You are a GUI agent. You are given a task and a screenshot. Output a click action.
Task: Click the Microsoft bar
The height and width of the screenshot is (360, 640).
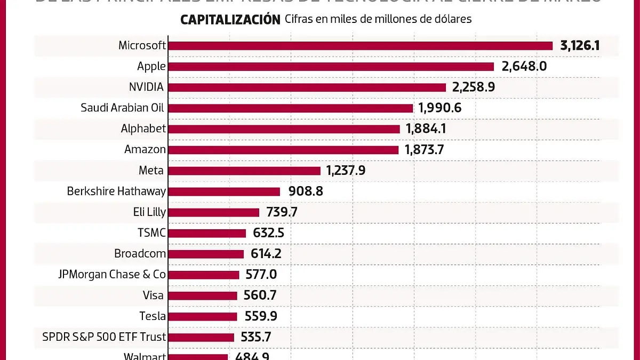point(360,46)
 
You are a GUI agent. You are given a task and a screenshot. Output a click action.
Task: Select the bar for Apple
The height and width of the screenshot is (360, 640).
point(331,67)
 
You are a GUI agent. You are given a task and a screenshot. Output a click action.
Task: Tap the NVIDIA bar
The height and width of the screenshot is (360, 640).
point(307,87)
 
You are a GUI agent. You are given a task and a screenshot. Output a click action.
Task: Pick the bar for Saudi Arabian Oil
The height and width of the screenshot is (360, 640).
point(290,108)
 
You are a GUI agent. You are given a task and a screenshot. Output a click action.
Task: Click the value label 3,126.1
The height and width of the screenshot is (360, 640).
point(580,45)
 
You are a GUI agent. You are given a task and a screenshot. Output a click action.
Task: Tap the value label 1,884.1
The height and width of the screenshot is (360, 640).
point(425,129)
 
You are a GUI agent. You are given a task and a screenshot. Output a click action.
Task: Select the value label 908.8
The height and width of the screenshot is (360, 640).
point(306,191)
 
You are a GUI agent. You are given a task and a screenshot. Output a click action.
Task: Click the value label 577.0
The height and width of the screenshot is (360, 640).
point(261,275)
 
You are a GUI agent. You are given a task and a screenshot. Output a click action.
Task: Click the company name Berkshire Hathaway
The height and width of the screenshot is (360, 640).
point(116,191)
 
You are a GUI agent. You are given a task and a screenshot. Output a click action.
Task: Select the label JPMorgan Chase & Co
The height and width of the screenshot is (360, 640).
point(112,275)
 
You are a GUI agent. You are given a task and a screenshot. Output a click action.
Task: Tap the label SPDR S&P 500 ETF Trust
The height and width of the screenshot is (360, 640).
point(104,337)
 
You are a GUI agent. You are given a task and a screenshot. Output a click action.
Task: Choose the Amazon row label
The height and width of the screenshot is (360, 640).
point(145,150)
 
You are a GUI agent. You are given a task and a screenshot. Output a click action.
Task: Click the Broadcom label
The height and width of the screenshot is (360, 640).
point(140,254)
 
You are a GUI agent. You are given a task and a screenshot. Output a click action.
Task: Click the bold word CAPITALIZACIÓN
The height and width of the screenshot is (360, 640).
point(230,20)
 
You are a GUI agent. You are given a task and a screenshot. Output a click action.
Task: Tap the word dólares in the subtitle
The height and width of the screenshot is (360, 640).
point(453,19)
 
